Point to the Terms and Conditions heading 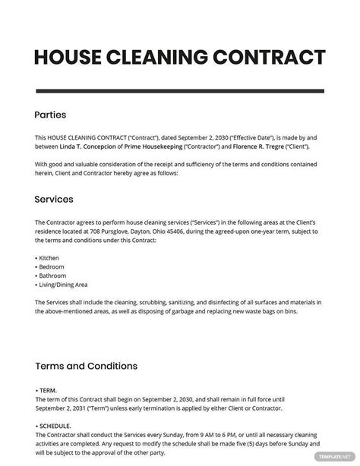[86, 366]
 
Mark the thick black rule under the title [180, 89]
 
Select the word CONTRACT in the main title [270, 57]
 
